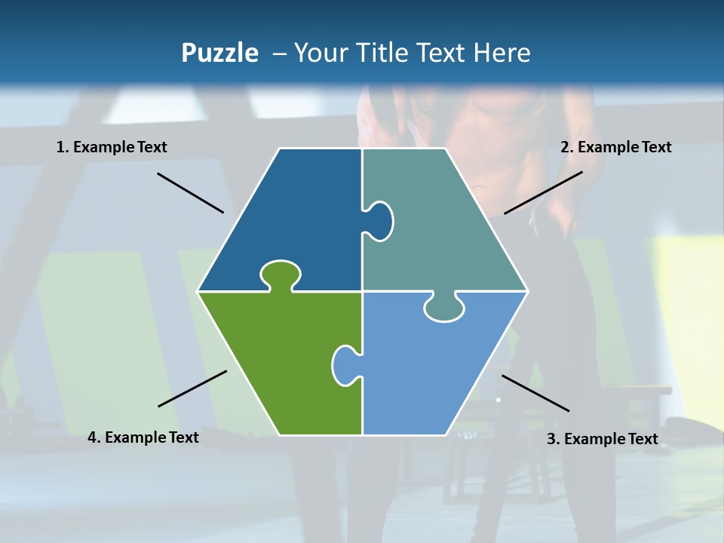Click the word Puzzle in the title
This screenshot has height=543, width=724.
[x=219, y=53]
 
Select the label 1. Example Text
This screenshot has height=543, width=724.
[x=112, y=147]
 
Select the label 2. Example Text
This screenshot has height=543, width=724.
[x=615, y=147]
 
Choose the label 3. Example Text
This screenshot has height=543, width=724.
[x=602, y=439]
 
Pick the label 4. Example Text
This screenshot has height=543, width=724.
[x=143, y=437]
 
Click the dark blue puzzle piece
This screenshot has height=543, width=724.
[x=294, y=219]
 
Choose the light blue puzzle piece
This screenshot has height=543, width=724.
[x=430, y=370]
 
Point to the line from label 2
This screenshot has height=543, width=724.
[x=543, y=192]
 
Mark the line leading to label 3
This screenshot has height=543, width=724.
[x=535, y=393]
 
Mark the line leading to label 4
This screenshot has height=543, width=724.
[x=192, y=388]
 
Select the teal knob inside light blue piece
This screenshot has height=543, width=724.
[x=444, y=308]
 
